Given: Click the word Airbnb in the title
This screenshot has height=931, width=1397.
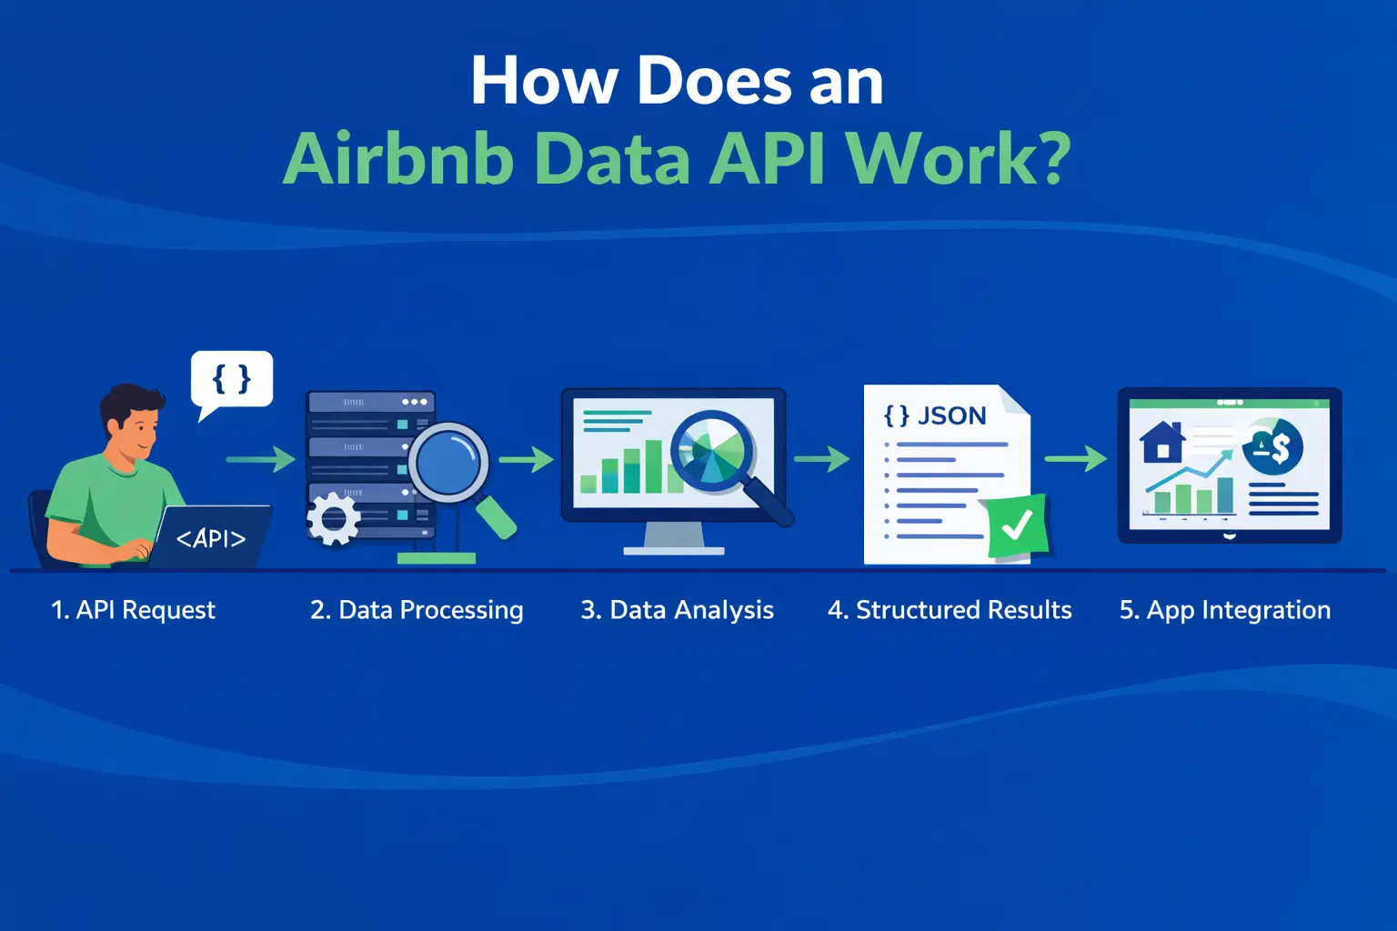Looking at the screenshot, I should pyautogui.click(x=398, y=160).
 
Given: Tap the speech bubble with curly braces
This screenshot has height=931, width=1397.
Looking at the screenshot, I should pyautogui.click(x=232, y=379).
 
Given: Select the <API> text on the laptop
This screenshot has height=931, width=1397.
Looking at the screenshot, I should pyautogui.click(x=211, y=538).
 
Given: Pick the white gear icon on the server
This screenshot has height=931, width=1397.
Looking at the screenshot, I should pyautogui.click(x=333, y=519).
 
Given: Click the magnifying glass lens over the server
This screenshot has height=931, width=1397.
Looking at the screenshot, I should pyautogui.click(x=448, y=462).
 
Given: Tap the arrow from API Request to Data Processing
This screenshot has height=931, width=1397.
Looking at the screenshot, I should pyautogui.click(x=261, y=459).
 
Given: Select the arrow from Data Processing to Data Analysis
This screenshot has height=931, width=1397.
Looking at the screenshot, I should pyautogui.click(x=527, y=459).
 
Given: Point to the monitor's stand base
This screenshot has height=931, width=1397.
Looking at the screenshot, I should pyautogui.click(x=674, y=550).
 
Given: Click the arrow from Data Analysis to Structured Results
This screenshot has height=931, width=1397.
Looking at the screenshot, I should pyautogui.click(x=821, y=459).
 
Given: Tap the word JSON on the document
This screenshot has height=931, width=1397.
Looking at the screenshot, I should pyautogui.click(x=951, y=415).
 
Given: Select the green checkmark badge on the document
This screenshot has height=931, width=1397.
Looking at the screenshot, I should pyautogui.click(x=1018, y=526).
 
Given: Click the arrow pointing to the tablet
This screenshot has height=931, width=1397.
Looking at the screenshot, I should pyautogui.click(x=1075, y=459).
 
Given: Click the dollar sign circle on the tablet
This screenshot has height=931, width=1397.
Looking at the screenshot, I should pyautogui.click(x=1273, y=446).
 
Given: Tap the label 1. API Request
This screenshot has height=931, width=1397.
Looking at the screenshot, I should pyautogui.click(x=134, y=610).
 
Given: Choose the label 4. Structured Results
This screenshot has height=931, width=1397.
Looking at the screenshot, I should pyautogui.click(x=950, y=610).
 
